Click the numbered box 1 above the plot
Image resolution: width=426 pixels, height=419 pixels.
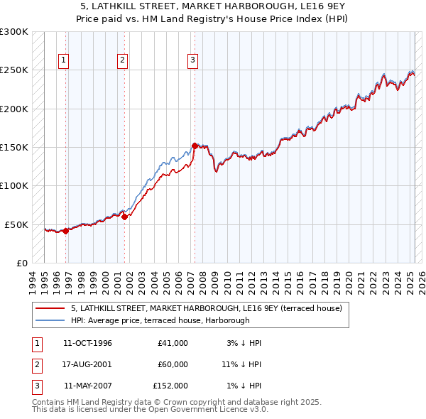[64, 61]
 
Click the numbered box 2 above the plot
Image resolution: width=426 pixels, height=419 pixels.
[122, 61]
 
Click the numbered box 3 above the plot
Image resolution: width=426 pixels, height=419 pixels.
[192, 61]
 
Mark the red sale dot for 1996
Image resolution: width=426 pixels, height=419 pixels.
[65, 231]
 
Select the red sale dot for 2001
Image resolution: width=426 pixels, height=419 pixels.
[124, 217]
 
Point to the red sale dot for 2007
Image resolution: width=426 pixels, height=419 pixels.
[195, 146]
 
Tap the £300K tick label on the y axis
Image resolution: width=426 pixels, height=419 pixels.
[14, 32]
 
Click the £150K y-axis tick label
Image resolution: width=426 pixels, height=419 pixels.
[14, 147]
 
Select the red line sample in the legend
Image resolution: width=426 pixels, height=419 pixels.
[50, 308]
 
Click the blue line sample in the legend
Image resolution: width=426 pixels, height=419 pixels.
[50, 320]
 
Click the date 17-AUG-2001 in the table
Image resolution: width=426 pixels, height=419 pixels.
[87, 364]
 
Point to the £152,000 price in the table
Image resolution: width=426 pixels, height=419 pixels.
[170, 386]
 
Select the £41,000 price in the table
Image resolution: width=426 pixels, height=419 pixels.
[173, 343]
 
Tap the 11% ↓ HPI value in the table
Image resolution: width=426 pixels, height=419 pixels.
[241, 364]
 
